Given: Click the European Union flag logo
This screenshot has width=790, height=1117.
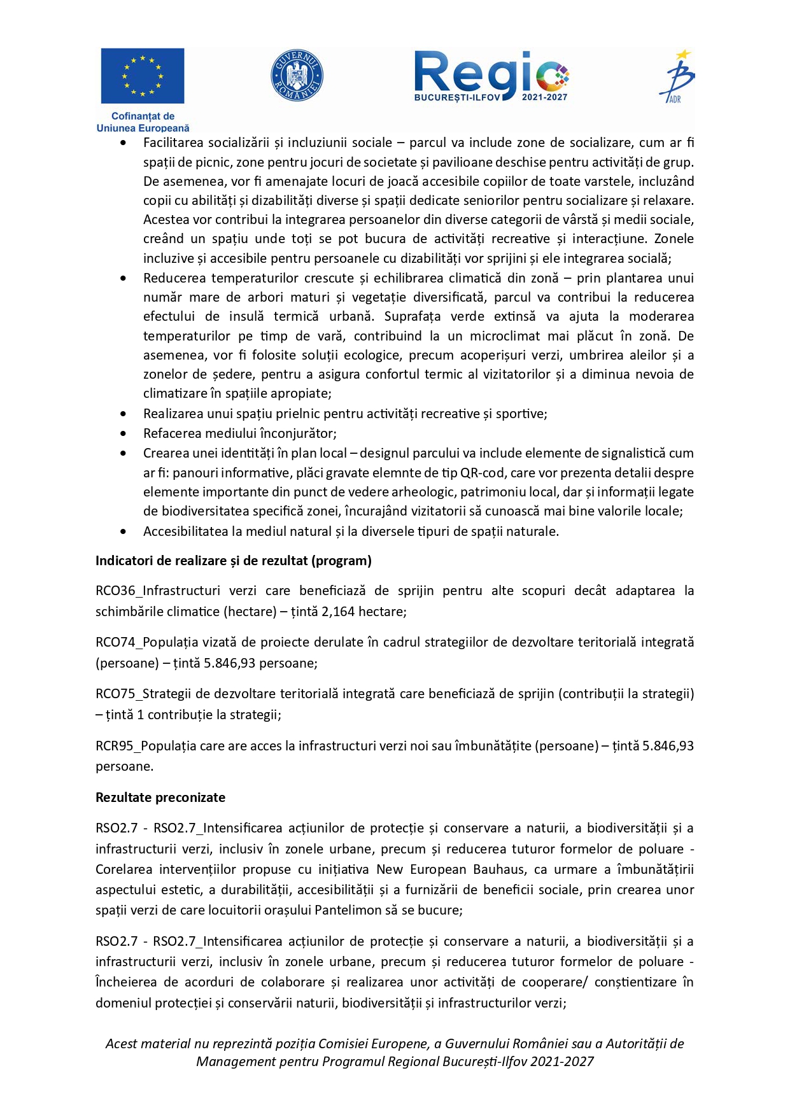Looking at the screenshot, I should point(142,76).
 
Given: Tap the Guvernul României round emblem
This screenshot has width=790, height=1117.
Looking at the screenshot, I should point(297,76).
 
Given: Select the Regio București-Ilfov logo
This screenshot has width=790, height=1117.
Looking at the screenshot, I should point(491,76).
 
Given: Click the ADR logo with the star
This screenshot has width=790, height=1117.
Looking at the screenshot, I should point(677,76).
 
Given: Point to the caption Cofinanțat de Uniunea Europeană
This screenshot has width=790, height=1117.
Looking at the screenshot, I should point(143,122).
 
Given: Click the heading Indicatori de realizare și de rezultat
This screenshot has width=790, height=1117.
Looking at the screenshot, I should point(233,561).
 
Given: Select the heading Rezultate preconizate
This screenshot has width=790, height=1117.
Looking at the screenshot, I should point(160,797).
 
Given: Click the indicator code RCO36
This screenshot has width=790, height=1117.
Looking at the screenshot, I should point(115,591).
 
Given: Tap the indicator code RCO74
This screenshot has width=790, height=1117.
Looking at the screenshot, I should point(115,642).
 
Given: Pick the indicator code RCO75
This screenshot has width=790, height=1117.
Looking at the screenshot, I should point(115,694).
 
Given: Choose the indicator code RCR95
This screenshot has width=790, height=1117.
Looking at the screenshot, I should point(115,745).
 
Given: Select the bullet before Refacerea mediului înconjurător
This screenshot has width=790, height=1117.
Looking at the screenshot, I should point(123,433).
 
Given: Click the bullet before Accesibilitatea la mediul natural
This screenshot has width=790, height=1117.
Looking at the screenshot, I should point(123,531).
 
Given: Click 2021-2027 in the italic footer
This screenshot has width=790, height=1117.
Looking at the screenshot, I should point(562,1062).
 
